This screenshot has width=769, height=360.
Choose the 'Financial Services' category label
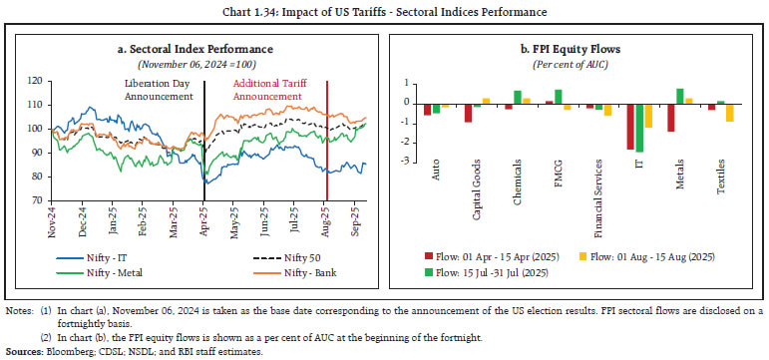click(598, 166)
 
